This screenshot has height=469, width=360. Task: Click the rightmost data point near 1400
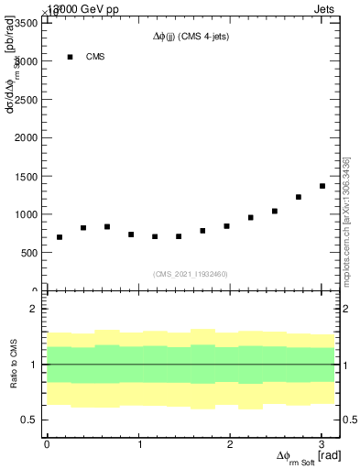[322, 186]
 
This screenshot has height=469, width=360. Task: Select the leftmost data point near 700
[60, 237]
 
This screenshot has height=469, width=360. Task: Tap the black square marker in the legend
[70, 57]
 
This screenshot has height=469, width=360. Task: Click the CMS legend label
[95, 57]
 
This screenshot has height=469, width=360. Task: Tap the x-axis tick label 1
[139, 444]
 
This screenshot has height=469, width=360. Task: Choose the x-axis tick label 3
[322, 444]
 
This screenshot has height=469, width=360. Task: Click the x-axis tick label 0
[47, 444]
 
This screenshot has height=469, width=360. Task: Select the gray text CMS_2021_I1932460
[191, 274]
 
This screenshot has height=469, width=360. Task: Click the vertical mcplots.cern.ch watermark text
[347, 220]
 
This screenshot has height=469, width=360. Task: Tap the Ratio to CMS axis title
[14, 365]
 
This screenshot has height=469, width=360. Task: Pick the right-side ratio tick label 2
[345, 309]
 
